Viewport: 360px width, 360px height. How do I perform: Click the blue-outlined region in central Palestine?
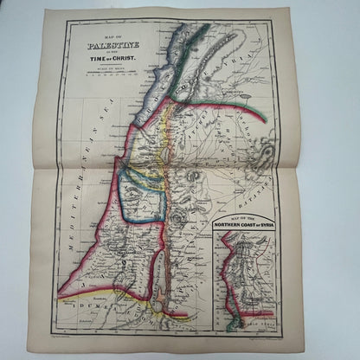point(143,195)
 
